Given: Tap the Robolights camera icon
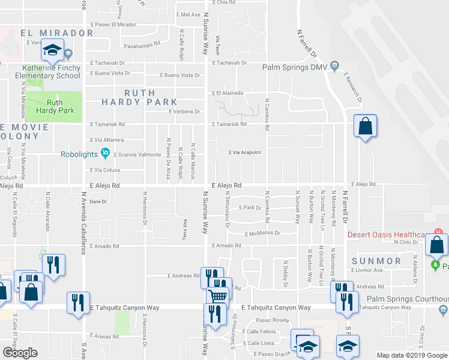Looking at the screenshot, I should [x=106, y=154].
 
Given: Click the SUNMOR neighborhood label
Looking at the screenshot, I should [x=376, y=262].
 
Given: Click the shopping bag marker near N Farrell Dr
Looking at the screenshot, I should [x=364, y=127].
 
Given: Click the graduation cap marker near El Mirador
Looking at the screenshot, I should [x=53, y=49].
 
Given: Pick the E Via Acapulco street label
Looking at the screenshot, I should [x=244, y=152].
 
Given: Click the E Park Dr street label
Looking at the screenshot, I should [x=250, y=208].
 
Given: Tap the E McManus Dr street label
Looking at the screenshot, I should [x=262, y=233].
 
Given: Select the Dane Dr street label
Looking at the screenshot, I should [x=98, y=202].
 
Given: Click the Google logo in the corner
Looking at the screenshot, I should [x=20, y=353].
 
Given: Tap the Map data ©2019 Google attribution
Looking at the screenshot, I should [x=412, y=355].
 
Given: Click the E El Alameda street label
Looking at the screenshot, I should [x=227, y=93].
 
